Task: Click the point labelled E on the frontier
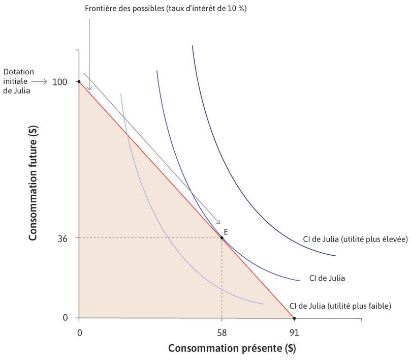point(222,237)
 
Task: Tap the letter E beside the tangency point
point(226,231)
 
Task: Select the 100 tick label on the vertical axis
point(60,81)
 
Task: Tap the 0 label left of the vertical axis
point(65,318)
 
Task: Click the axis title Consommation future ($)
point(34,185)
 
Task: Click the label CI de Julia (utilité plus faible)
point(340,306)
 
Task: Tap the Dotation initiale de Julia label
point(15,81)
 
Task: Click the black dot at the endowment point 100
point(79,81)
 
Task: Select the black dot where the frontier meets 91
point(294,318)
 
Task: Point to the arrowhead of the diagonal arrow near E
point(219,222)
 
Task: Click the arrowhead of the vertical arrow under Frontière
point(89,89)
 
